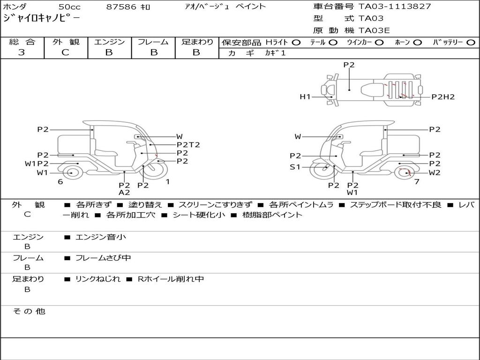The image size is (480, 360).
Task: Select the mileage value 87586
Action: point(120,7)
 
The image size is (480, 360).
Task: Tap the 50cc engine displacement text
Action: point(69,7)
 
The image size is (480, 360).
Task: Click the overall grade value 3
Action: point(22,52)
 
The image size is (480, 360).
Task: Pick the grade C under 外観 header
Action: point(66,52)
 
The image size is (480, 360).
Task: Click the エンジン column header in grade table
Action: point(109,42)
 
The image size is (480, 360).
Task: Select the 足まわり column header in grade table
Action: point(197,42)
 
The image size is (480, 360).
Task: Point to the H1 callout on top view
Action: point(305,97)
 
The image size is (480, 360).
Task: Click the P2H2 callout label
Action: point(443,97)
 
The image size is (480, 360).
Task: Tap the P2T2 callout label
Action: point(188,145)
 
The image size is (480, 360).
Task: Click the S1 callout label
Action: point(295,167)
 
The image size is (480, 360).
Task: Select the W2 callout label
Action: point(435,172)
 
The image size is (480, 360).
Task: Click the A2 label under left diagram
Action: point(124,192)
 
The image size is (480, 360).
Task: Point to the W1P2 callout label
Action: point(37,164)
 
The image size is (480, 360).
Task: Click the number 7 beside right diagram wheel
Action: point(417,182)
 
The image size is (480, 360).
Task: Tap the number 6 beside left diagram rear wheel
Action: point(60,182)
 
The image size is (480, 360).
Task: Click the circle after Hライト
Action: point(296,43)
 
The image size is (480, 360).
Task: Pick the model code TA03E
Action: point(374,31)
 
